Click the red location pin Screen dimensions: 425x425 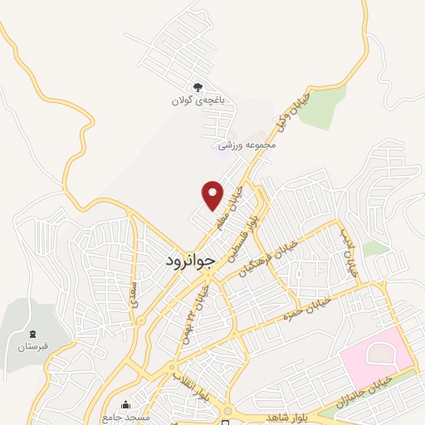pyautogui.click(x=213, y=194)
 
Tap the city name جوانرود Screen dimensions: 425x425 pyautogui.click(x=190, y=259)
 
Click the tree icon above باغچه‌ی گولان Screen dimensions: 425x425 pyautogui.click(x=198, y=87)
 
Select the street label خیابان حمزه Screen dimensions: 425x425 pyautogui.click(x=306, y=309)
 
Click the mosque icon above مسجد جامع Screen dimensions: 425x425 pyautogui.click(x=125, y=404)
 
